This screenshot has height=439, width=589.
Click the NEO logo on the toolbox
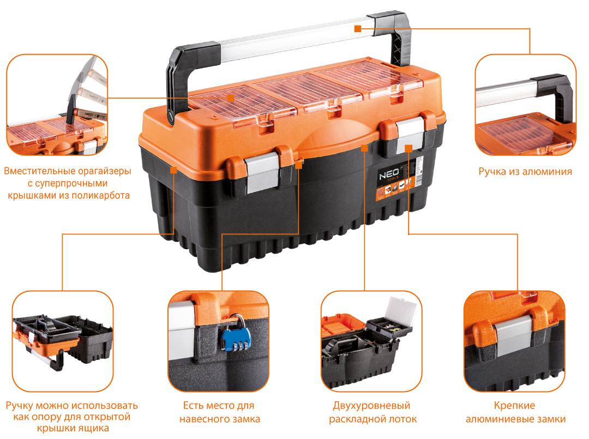[x=389, y=175]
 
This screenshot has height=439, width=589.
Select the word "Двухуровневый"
[x=371, y=406]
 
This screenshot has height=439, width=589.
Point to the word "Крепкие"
[x=514, y=406]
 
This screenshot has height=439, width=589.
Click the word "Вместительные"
[x=40, y=171]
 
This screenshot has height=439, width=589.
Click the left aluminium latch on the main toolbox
[x=262, y=173]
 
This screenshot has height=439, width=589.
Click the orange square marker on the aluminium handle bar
[x=358, y=28]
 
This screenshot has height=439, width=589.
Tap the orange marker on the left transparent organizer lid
[x=231, y=98]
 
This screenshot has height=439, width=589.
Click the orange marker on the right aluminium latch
[x=408, y=148]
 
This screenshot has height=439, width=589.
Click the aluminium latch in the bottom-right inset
[x=514, y=335]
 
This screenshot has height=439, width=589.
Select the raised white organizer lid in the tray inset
[x=402, y=310]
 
